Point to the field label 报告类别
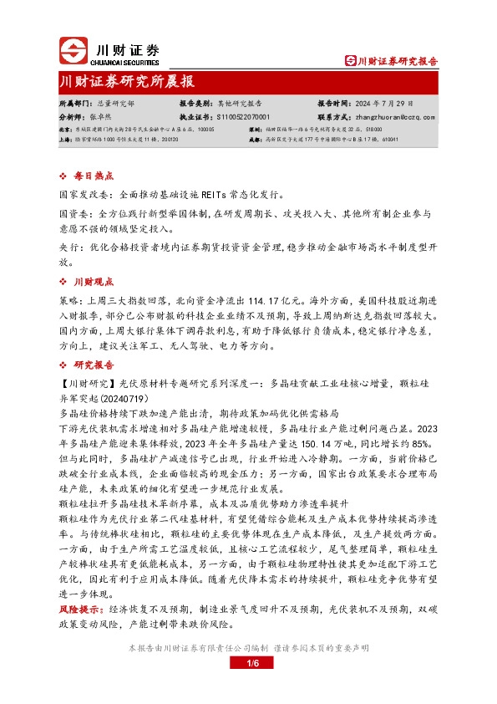[195, 103]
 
